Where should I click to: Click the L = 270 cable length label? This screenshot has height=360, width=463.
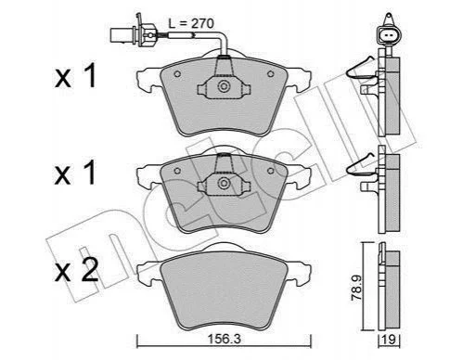[x=191, y=23]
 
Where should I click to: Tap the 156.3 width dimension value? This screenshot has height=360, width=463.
[x=224, y=339]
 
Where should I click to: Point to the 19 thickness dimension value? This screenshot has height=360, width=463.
[x=390, y=340]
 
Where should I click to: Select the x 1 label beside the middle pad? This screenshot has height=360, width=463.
[x=75, y=174]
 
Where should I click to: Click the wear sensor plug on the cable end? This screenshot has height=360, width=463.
[x=133, y=34]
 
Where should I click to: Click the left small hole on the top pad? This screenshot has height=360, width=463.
[x=177, y=74]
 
